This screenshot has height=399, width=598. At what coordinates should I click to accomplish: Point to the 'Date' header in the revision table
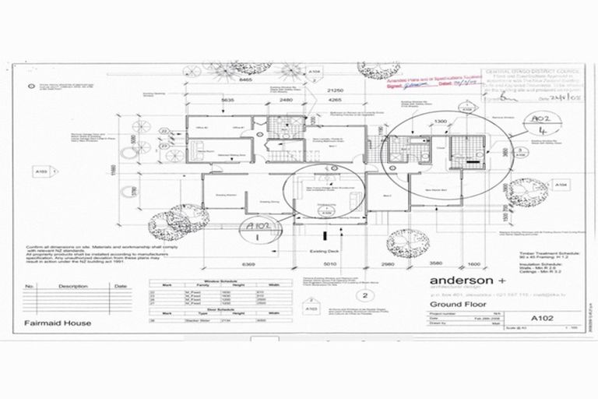[120, 286]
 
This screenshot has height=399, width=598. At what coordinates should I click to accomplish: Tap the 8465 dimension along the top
[247, 79]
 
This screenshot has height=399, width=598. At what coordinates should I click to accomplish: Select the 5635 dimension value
[228, 100]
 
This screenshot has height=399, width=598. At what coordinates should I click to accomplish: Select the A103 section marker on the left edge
[41, 169]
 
